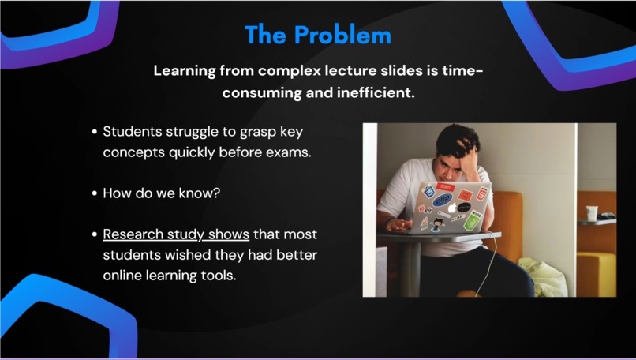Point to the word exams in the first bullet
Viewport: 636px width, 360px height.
click(x=290, y=152)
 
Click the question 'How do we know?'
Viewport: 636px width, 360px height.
click(x=162, y=193)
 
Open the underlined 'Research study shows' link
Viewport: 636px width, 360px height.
click(x=176, y=234)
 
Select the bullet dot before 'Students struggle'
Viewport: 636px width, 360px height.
click(x=95, y=133)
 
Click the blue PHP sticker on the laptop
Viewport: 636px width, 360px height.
click(x=443, y=200)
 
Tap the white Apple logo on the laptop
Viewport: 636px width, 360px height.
click(x=453, y=208)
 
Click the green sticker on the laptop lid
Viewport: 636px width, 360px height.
click(x=473, y=220)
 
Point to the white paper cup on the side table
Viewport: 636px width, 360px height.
click(x=592, y=213)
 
